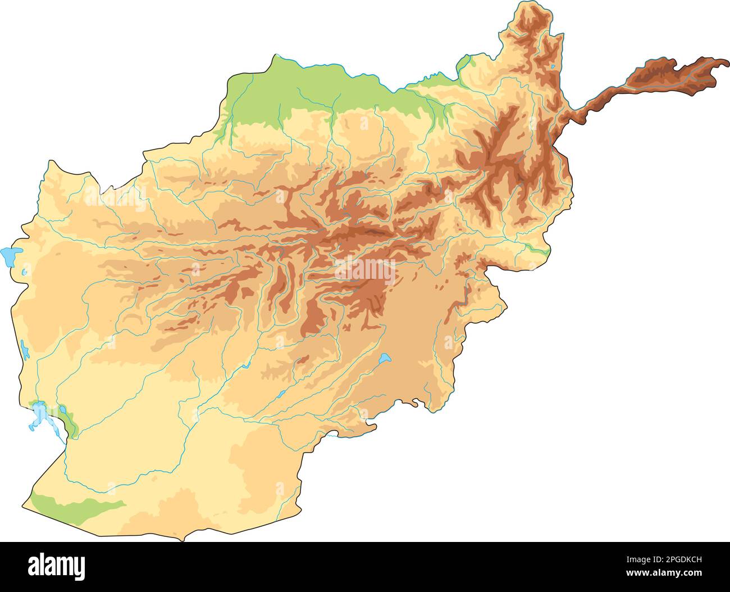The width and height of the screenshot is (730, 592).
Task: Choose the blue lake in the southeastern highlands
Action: pos(384,358)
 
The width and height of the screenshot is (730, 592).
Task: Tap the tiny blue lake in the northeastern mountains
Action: pos(553,67)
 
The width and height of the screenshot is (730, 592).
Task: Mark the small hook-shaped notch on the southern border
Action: pos(415,402)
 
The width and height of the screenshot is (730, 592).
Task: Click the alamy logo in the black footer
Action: pos(56,567)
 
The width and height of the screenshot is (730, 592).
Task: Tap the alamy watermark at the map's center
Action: pos(365,271)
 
